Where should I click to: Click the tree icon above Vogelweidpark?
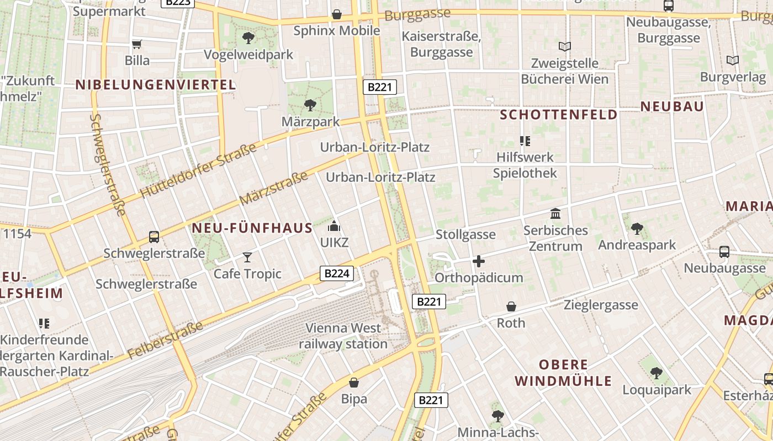(x=248, y=38)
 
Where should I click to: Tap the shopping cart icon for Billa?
(x=136, y=44)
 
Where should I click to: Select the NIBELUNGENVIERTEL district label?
(x=156, y=85)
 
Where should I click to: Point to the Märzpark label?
(x=310, y=121)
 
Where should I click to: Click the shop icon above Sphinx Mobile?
(x=336, y=14)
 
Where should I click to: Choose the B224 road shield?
(x=336, y=273)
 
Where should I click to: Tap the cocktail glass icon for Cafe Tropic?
(x=247, y=257)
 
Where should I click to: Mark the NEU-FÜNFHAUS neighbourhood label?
(x=252, y=228)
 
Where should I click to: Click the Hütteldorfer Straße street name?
(x=198, y=170)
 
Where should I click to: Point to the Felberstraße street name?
(x=165, y=340)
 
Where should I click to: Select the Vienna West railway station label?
(x=343, y=336)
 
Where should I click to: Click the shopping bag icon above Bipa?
(x=354, y=382)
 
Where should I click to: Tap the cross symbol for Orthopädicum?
(x=479, y=261)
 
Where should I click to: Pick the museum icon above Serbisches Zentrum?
(x=555, y=213)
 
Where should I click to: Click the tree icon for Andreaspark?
(x=637, y=228)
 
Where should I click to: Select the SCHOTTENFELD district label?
(x=559, y=115)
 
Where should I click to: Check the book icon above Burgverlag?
(x=733, y=60)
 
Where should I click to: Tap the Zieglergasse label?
(x=601, y=305)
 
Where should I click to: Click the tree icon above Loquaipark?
(x=656, y=373)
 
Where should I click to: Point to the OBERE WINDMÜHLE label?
(x=563, y=373)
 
